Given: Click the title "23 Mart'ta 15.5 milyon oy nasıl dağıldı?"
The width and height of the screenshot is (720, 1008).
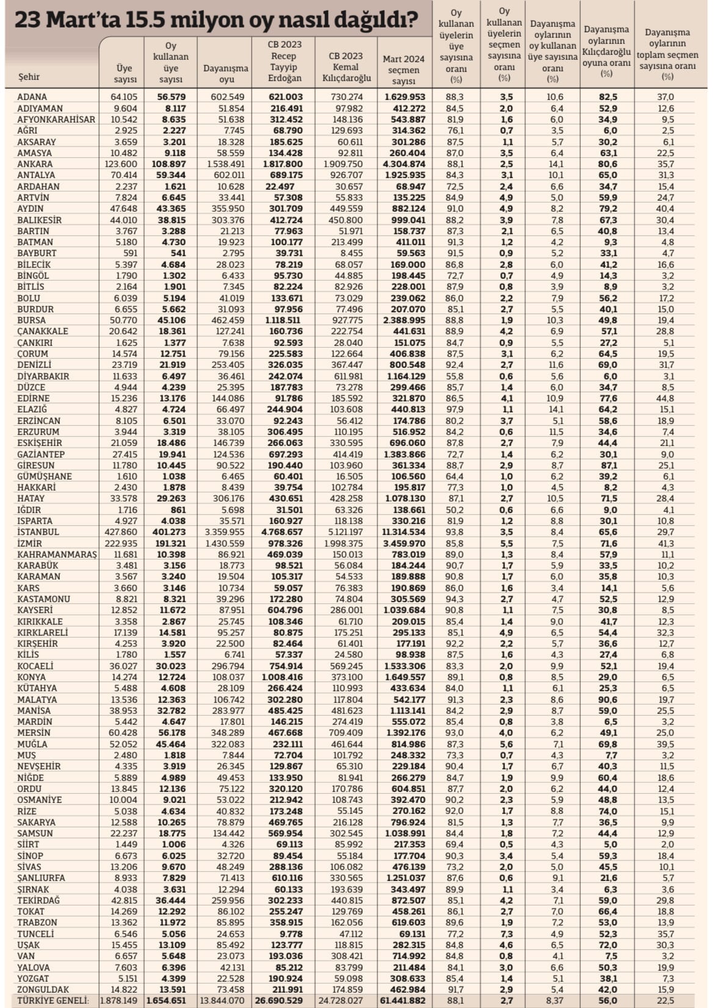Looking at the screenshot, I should coord(216,21).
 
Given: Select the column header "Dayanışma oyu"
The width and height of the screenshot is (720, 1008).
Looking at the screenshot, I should coord(225,74).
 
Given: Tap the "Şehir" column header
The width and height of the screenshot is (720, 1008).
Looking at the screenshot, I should coord(29,77).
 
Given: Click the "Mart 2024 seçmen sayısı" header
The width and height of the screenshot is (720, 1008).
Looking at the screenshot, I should coord(403,70).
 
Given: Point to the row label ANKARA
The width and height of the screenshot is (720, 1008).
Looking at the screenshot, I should coord(35,164).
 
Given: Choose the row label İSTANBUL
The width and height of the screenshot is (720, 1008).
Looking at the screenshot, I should coord(38,532).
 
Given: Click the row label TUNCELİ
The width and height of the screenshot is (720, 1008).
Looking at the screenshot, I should coord(36,934).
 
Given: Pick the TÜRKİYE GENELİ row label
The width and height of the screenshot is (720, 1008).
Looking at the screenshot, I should coord(53,1001).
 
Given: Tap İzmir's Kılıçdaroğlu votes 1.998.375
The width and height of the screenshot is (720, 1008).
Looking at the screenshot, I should coord(346,544).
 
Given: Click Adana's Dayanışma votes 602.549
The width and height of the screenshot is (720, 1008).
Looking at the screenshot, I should coord(227,97).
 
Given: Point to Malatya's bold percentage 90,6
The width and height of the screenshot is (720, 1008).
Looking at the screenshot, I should coord(607,700).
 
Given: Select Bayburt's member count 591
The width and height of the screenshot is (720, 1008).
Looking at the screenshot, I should coord(130,253).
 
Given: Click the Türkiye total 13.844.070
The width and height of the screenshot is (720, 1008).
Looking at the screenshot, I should coord(222,1001).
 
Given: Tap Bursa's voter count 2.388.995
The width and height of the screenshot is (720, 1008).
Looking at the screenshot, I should coord(404,320).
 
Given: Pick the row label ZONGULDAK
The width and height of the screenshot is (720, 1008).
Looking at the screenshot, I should coord(43,990).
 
